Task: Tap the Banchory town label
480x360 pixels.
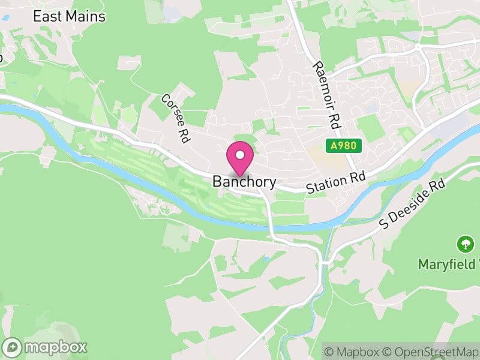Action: pyautogui.click(x=244, y=182)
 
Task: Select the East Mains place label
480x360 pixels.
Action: pyautogui.click(x=69, y=16)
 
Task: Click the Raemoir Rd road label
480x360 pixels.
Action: pyautogui.click(x=326, y=95)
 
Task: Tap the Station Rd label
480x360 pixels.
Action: pyautogui.click(x=335, y=182)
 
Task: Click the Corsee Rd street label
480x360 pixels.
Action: pyautogui.click(x=175, y=118)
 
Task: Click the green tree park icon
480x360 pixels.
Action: pyautogui.click(x=465, y=244)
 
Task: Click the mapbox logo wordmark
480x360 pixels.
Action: pyautogui.click(x=55, y=347)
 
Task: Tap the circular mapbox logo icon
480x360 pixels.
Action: pyautogui.click(x=12, y=347)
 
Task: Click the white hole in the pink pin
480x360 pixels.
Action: pyautogui.click(x=240, y=155)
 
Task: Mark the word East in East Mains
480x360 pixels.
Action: pyautogui.click(x=47, y=16)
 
